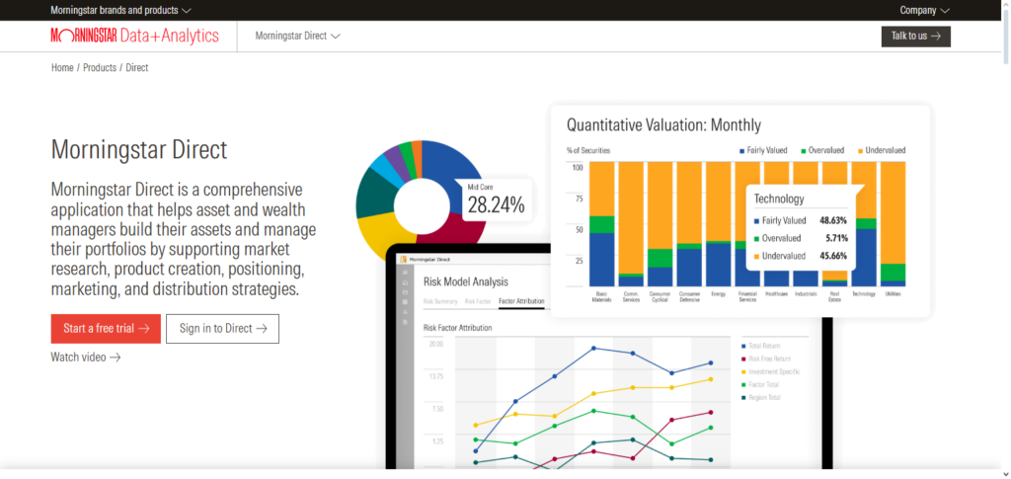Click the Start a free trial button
(x=106, y=329)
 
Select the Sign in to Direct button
(x=222, y=329)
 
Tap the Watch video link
(x=86, y=357)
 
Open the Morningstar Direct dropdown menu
(x=297, y=37)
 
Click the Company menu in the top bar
(x=924, y=10)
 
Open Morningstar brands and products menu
(x=121, y=10)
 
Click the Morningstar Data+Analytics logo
(x=135, y=37)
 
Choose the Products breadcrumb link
(x=99, y=67)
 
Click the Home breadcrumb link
(x=62, y=67)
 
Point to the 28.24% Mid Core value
(x=496, y=204)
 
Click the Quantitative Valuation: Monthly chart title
(x=663, y=125)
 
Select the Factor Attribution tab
(x=521, y=301)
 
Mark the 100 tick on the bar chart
(x=579, y=167)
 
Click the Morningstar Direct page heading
(x=139, y=150)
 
